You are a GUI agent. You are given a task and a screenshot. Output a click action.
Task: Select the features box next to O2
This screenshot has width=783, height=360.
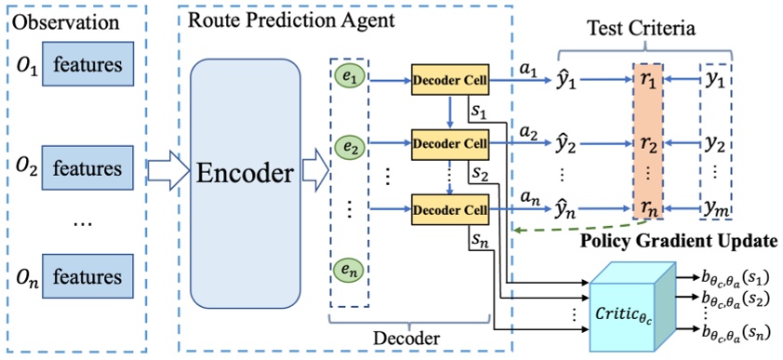(86, 170)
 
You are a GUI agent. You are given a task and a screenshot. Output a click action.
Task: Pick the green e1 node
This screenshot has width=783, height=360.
(351, 78)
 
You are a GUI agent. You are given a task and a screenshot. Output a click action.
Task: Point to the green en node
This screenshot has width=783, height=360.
(351, 271)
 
